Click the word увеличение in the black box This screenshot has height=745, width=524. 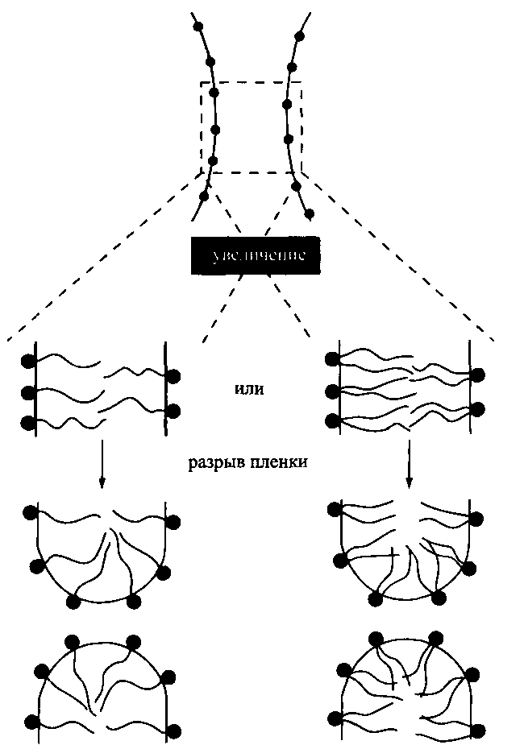(x=257, y=259)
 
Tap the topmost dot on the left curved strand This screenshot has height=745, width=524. (x=198, y=26)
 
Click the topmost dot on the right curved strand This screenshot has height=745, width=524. (x=299, y=36)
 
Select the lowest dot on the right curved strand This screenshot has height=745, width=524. (x=309, y=213)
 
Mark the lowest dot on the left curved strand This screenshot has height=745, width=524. (x=204, y=196)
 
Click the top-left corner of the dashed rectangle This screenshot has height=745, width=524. (x=201, y=82)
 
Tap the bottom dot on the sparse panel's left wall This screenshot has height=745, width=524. (x=28, y=422)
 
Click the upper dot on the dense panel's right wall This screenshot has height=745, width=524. (x=478, y=375)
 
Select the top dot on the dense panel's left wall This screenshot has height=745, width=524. (x=331, y=361)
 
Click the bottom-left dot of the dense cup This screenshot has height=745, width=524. (x=375, y=598)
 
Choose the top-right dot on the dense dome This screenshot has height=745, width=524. (x=436, y=639)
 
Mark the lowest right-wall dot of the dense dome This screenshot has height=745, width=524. (x=479, y=730)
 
